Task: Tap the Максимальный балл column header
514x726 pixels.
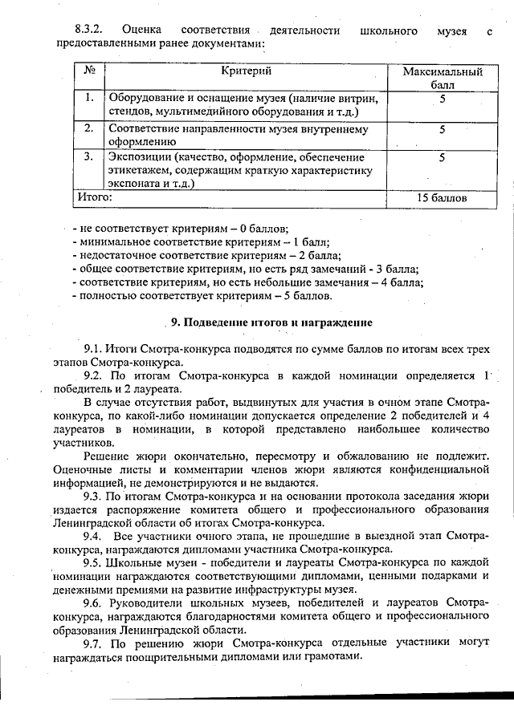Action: point(442,77)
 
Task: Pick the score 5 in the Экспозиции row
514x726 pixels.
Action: point(442,157)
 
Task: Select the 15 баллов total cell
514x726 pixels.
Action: point(442,197)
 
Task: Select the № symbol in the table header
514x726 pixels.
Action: point(89,71)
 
